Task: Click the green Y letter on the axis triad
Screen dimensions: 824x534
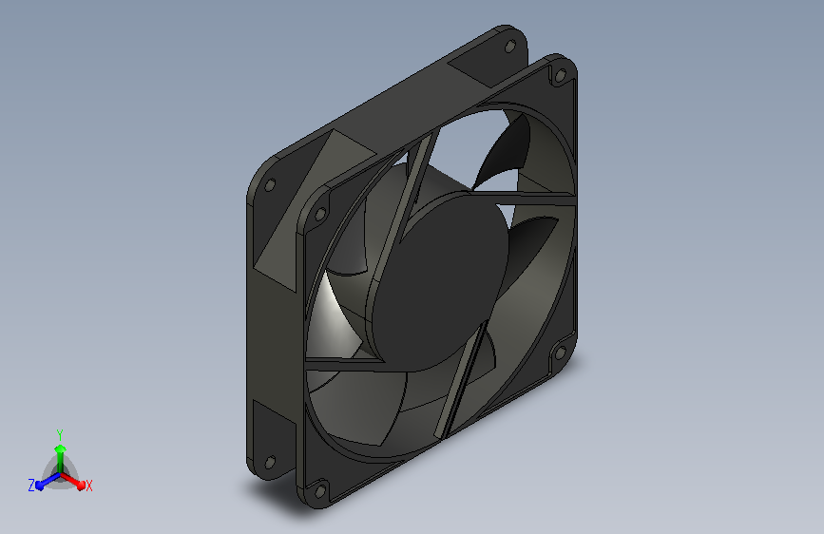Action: tap(60, 434)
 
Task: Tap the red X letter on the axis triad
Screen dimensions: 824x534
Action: tap(88, 486)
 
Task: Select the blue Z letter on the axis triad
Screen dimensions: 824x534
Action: tap(31, 486)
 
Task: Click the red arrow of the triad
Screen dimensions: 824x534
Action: tap(72, 481)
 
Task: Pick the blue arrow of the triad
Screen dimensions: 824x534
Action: tap(48, 482)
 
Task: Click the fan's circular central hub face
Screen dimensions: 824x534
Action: tap(439, 281)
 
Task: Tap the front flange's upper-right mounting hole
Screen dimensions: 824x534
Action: tap(560, 76)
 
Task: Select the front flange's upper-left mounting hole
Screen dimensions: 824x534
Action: tap(319, 215)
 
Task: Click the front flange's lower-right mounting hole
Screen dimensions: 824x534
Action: tap(560, 352)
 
